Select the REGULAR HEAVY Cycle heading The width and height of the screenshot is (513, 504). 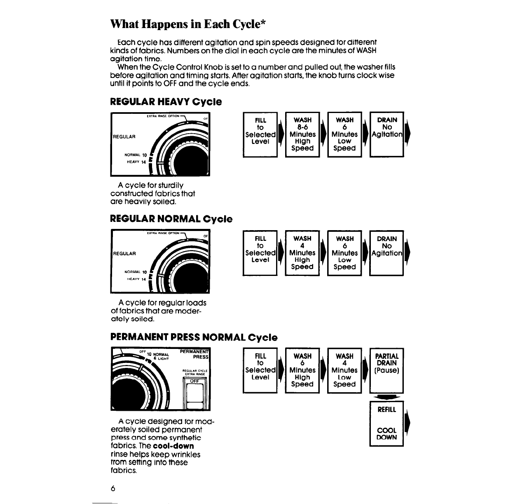pyautogui.click(x=166, y=101)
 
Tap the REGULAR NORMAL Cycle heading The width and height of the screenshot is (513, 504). pyautogui.click(x=171, y=219)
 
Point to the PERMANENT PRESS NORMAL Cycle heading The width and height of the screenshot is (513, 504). pyautogui.click(x=194, y=337)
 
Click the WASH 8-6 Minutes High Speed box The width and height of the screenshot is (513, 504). pyautogui.click(x=302, y=134)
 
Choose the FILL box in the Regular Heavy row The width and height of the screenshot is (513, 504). pyautogui.click(x=260, y=134)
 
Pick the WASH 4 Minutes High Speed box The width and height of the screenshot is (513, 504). pyautogui.click(x=302, y=252)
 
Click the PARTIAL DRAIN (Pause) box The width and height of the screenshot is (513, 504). pyautogui.click(x=387, y=370)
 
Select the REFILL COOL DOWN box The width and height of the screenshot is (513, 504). pyautogui.click(x=387, y=424)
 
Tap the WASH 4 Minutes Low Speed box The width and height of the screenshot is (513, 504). pyautogui.click(x=344, y=370)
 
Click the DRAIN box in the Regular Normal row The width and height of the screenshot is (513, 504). pyautogui.click(x=387, y=252)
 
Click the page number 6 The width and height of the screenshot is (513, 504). pyautogui.click(x=112, y=488)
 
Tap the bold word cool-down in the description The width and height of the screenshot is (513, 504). pyautogui.click(x=173, y=446)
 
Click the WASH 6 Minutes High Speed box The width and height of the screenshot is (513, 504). pyautogui.click(x=302, y=370)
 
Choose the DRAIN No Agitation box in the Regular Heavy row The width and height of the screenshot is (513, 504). pyautogui.click(x=387, y=134)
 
